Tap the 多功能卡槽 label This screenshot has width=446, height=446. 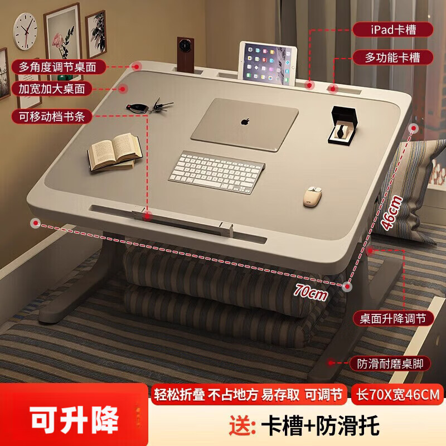click(x=392, y=56)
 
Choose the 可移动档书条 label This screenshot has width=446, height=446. click(x=51, y=117)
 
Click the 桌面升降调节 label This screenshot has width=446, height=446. click(x=392, y=318)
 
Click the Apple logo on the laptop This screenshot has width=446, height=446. click(x=244, y=120)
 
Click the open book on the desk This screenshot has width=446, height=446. click(x=114, y=151)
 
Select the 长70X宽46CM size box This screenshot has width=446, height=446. click(x=397, y=395)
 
